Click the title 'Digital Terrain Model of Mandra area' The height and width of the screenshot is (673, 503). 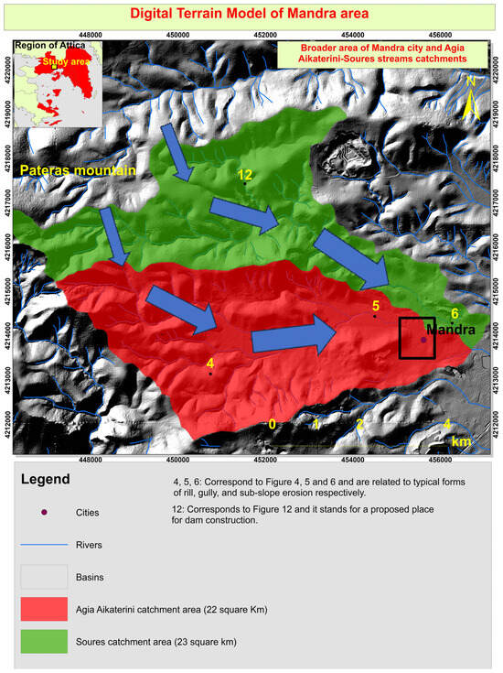(x=251, y=14)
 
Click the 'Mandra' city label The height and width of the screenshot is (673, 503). (x=451, y=329)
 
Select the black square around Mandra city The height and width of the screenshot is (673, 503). (x=417, y=338)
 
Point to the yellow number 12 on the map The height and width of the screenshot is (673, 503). (x=244, y=174)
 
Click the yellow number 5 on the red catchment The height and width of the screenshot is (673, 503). (x=375, y=305)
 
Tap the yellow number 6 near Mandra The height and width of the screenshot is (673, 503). (x=455, y=313)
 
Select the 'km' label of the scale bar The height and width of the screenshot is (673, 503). (x=461, y=441)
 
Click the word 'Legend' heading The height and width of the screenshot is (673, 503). (x=45, y=479)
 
